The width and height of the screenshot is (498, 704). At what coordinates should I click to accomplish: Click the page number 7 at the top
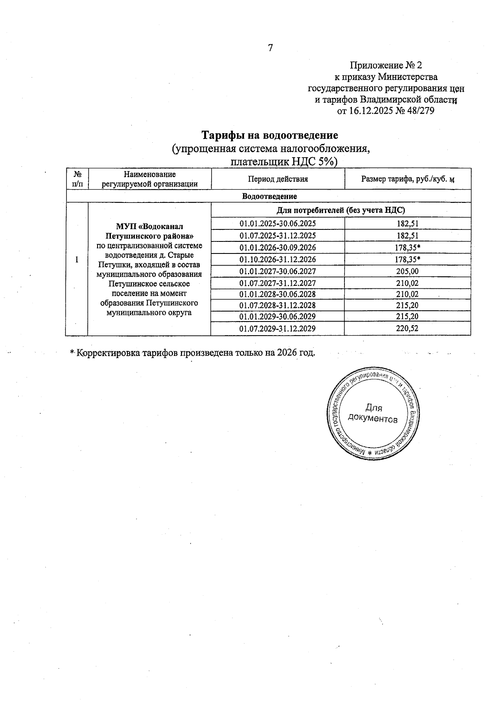pyautogui.click(x=271, y=48)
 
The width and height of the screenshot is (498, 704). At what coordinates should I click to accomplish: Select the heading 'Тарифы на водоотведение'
pyautogui.click(x=270, y=136)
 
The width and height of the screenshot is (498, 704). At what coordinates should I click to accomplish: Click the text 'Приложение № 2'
pyautogui.click(x=386, y=66)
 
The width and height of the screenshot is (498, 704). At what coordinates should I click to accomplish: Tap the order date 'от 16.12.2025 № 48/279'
pyautogui.click(x=386, y=111)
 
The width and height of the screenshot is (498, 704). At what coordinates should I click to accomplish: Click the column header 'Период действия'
pyautogui.click(x=278, y=179)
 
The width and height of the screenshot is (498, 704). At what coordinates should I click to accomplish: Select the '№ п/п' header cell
pyautogui.click(x=77, y=179)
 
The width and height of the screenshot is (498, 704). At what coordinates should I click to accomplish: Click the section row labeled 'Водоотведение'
pyautogui.click(x=269, y=196)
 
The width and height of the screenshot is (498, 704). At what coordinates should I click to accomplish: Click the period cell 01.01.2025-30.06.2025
pyautogui.click(x=278, y=224)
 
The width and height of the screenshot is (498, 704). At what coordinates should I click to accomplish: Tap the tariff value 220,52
pyautogui.click(x=408, y=329)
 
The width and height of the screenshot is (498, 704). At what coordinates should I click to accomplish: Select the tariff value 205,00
pyautogui.click(x=408, y=271)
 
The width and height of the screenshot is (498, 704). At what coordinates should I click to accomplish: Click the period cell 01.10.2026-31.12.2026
pyautogui.click(x=278, y=260)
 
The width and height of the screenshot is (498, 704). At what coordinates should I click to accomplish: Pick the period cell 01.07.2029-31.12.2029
pyautogui.click(x=278, y=329)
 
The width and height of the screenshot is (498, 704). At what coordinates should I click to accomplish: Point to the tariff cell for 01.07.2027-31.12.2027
pyautogui.click(x=408, y=283)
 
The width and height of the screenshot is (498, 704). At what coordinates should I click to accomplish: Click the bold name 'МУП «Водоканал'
pyautogui.click(x=149, y=227)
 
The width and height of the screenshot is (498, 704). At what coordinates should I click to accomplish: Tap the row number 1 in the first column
pyautogui.click(x=76, y=260)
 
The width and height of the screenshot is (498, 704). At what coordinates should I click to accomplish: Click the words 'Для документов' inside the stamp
pyautogui.click(x=373, y=414)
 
